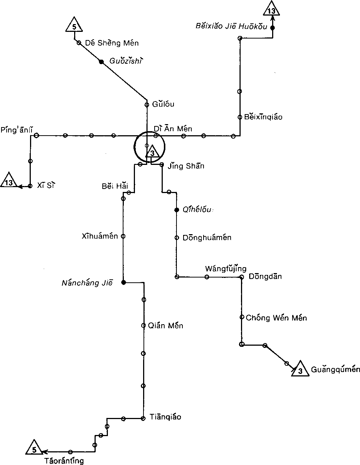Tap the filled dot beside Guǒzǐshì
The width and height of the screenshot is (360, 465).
pos(101,62)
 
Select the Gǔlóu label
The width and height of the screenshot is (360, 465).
pos(163,104)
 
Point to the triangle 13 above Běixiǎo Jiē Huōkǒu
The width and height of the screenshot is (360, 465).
pos(272,9)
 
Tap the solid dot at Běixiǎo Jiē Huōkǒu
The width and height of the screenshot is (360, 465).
pos(272,27)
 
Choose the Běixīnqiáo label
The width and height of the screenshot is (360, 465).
pos(263,117)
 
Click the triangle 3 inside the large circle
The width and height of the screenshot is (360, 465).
pos(152,152)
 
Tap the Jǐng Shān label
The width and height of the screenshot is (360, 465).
pos(186,166)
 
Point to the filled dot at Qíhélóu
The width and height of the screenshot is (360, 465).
pos(177,210)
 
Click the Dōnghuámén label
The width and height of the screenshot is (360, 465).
pos(207,238)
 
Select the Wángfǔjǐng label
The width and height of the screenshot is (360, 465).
pos(226,269)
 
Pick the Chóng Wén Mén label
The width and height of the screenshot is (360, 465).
pos(276,318)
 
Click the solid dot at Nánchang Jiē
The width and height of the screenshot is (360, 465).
pos(123,283)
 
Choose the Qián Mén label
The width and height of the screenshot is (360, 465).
pos(165,326)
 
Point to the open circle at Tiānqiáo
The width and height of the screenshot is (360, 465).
pos(143,419)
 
